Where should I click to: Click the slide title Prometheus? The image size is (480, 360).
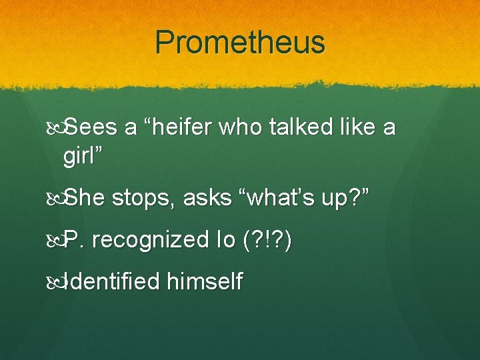point(240,43)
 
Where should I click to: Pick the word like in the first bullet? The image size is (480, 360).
point(358,127)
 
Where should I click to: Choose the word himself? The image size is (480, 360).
point(204,282)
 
